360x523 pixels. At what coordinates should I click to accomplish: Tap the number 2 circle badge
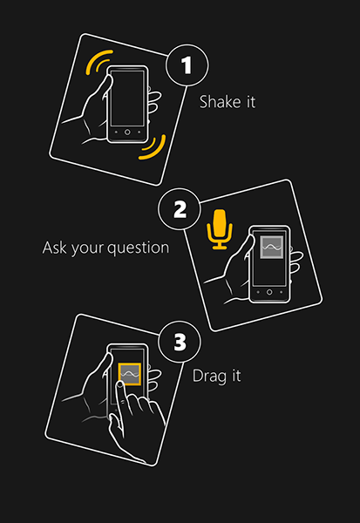(180, 210)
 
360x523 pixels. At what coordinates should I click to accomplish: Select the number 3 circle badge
(180, 343)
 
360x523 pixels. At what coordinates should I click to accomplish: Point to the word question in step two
(138, 248)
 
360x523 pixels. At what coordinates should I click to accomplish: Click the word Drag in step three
(207, 377)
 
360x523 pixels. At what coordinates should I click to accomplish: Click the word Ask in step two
(55, 248)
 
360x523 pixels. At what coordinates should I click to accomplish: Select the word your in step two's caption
(87, 248)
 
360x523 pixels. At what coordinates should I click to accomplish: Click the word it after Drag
(234, 377)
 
